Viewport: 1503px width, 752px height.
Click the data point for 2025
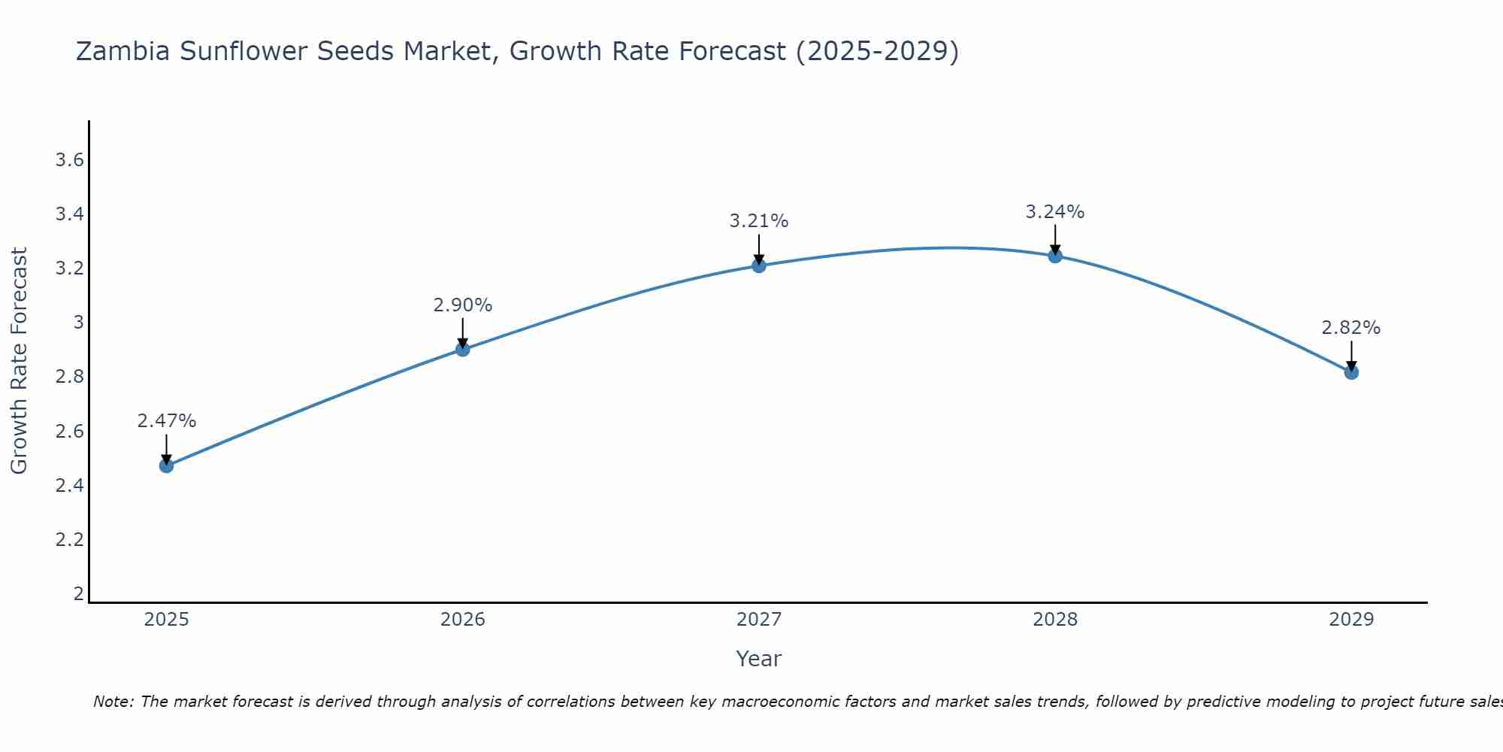[166, 465]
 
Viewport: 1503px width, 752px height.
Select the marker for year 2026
[462, 349]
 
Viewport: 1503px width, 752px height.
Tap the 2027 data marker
[758, 265]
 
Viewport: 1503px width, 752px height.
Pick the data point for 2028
[1054, 256]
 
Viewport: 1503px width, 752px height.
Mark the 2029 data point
[1350, 372]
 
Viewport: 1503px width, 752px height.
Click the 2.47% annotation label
[166, 421]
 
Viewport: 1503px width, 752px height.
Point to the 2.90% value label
[462, 305]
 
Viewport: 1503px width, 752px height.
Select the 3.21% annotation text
[758, 221]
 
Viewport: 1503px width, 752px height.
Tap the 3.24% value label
[1054, 212]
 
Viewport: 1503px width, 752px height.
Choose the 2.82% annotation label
[1350, 328]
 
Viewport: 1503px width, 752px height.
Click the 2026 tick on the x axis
[462, 620]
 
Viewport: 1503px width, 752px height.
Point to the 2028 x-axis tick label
[1054, 620]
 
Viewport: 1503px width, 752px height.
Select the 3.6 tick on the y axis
[69, 160]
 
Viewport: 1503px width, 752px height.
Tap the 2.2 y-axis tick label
[69, 539]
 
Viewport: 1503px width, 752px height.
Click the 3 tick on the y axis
[77, 323]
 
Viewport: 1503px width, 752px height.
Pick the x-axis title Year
[758, 659]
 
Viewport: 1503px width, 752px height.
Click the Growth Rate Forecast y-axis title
[19, 360]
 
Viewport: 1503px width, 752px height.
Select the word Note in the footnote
[112, 702]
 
